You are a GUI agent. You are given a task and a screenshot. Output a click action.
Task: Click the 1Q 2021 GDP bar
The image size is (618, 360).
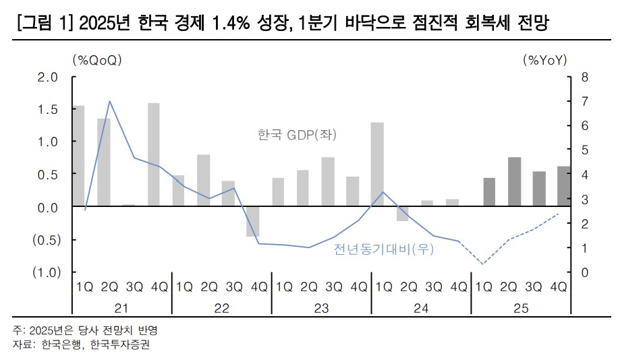pyautogui.click(x=79, y=156)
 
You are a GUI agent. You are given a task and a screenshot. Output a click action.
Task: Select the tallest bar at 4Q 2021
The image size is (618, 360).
pyautogui.click(x=154, y=154)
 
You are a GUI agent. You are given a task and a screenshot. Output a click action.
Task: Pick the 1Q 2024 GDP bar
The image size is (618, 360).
pyautogui.click(x=378, y=164)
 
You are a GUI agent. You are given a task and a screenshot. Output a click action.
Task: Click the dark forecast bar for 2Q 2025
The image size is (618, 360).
pyautogui.click(x=514, y=182)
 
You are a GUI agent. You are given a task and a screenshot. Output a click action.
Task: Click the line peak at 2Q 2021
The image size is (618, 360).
pyautogui.click(x=109, y=101)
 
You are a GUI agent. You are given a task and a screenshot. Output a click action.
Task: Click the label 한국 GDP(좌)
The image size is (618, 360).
pyautogui.click(x=297, y=135)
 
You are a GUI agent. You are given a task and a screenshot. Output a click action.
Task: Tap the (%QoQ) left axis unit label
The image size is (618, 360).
pyautogui.click(x=96, y=60)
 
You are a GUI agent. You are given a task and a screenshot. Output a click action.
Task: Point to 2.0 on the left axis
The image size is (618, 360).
pyautogui.click(x=49, y=77)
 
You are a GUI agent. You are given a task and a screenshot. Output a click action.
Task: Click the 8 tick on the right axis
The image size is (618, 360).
pyautogui.click(x=584, y=77)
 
